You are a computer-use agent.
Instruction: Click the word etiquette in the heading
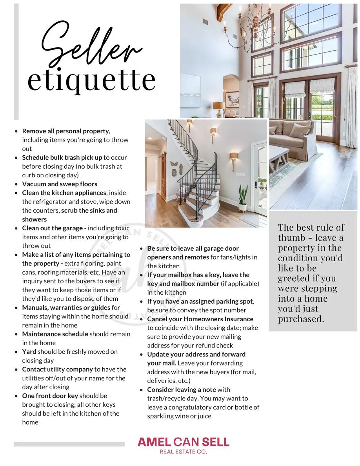coord(91,80)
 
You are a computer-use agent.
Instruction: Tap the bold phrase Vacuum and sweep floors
coord(60,184)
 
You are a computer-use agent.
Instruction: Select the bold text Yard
coord(29,351)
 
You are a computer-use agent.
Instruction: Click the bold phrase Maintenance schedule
coord(55,334)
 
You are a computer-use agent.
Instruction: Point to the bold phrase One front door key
coord(50,396)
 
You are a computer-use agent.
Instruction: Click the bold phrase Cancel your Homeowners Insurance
coord(200,319)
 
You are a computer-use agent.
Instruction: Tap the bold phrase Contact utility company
coord(57,369)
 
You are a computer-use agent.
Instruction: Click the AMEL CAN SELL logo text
coord(183,442)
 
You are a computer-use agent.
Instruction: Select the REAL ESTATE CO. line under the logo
coord(183,452)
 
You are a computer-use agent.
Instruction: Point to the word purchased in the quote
coord(301,319)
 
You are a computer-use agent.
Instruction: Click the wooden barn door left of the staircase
coord(163,177)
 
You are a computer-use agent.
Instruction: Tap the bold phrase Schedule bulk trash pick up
coord(62,157)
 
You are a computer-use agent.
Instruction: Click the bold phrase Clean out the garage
coord(52,228)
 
